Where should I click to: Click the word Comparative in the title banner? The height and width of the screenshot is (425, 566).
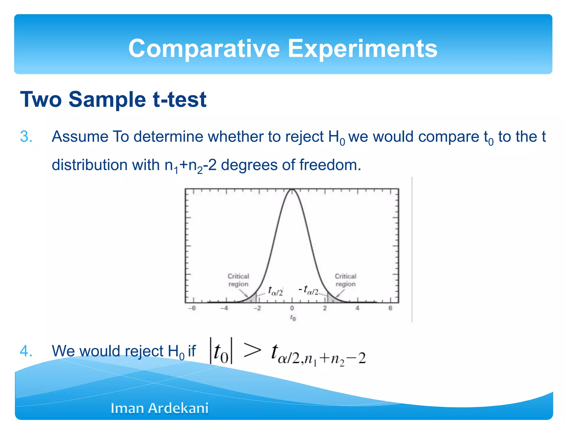click(x=204, y=49)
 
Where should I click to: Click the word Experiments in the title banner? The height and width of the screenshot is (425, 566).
click(x=363, y=49)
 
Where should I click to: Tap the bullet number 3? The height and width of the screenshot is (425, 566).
click(x=26, y=137)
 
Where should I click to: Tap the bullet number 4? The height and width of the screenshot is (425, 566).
click(x=26, y=351)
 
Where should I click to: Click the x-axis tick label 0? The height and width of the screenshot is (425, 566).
click(x=292, y=308)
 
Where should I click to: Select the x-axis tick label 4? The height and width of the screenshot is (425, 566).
click(x=357, y=308)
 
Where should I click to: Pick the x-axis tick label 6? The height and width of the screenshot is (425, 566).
click(x=390, y=308)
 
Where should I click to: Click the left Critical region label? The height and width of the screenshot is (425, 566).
click(x=238, y=280)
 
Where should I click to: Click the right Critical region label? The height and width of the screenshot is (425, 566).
click(x=345, y=280)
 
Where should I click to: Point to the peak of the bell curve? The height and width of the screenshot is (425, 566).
click(x=292, y=190)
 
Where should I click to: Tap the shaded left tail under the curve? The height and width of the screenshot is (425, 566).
click(x=253, y=299)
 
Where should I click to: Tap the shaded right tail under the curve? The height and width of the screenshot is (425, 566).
click(x=331, y=299)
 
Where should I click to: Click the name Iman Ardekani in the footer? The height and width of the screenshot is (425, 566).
click(x=159, y=408)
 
